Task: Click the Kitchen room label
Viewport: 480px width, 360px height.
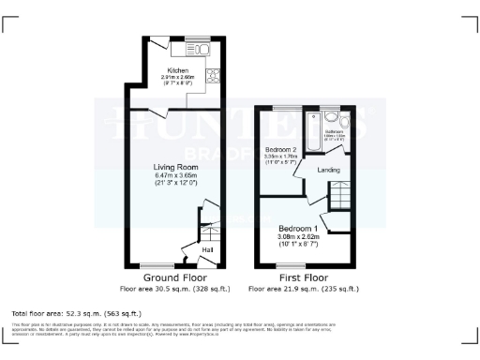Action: click(x=178, y=70)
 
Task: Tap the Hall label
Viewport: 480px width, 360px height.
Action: click(x=208, y=250)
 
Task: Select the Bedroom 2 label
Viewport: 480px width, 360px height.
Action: click(x=280, y=150)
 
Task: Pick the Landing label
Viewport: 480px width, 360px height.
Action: click(x=329, y=170)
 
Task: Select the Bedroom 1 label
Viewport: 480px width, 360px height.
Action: click(x=299, y=229)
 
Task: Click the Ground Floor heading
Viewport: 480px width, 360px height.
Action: click(x=174, y=278)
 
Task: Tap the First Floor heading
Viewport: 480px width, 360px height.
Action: click(x=305, y=278)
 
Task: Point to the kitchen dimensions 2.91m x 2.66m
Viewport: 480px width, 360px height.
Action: click(x=178, y=79)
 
